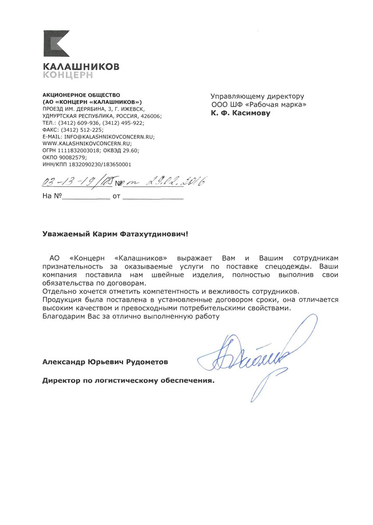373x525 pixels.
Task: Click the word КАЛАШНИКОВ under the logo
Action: (81, 67)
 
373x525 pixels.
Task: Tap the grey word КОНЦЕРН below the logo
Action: (67, 75)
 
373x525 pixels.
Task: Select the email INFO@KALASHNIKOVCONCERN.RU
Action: (110, 137)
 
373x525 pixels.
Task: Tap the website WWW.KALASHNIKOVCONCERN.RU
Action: (87, 143)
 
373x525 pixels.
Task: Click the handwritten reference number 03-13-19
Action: (66, 181)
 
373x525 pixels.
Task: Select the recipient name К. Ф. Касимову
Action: (241, 113)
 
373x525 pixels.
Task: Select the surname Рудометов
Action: (147, 362)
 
